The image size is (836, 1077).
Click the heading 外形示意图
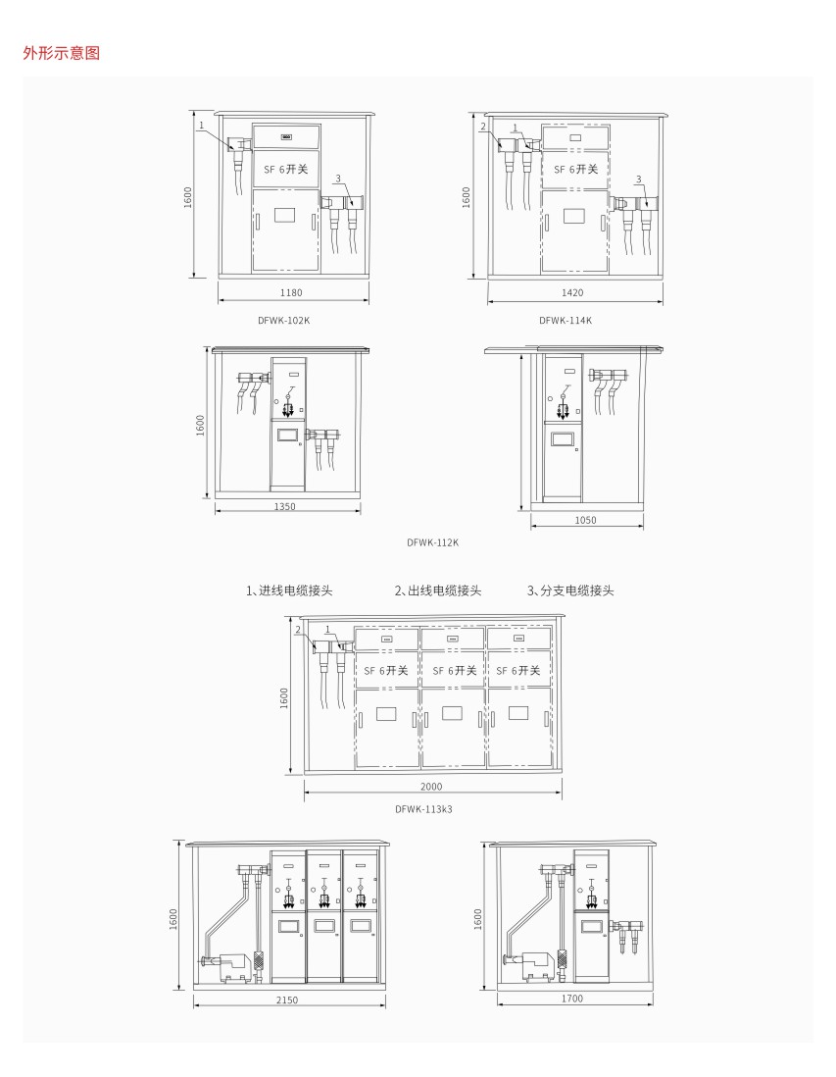[x=61, y=53]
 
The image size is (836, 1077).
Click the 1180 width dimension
[x=291, y=292]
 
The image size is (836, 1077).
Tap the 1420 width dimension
[x=572, y=292]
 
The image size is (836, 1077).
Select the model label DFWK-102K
[x=283, y=320]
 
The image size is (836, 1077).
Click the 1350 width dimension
[x=285, y=507]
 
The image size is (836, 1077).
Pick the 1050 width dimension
[x=585, y=520]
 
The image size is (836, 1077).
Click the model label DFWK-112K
[x=432, y=542]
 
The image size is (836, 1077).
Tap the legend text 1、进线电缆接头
[x=289, y=590]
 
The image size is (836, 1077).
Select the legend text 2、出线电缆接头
[x=438, y=590]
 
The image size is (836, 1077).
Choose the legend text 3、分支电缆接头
[x=570, y=590]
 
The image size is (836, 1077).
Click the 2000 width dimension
[x=431, y=787]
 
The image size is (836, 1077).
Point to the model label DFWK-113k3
[x=423, y=809]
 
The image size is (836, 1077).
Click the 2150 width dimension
[x=287, y=1000]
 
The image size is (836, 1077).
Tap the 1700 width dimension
[x=571, y=999]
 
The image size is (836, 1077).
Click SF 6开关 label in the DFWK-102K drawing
[x=286, y=169]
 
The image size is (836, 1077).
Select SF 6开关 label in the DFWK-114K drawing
[x=576, y=169]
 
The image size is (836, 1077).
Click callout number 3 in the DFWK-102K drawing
[x=338, y=179]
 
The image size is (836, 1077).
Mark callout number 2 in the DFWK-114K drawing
[x=483, y=127]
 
